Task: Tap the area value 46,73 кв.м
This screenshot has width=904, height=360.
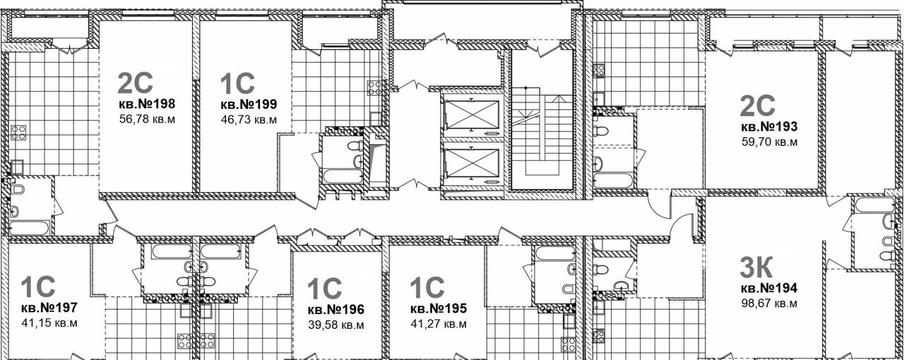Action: (x=248, y=119)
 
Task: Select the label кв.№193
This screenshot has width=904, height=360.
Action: (x=768, y=127)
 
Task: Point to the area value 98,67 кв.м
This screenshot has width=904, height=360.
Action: (x=768, y=304)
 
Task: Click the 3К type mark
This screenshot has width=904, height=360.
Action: (x=757, y=268)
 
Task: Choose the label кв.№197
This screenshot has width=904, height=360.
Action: (x=49, y=308)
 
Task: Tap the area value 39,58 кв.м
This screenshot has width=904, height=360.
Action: (x=335, y=325)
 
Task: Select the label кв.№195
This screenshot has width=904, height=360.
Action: (x=438, y=308)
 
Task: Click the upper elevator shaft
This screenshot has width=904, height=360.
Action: (x=470, y=112)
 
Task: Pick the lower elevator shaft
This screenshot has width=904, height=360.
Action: (x=470, y=164)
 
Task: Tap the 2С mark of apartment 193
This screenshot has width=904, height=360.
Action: (x=757, y=105)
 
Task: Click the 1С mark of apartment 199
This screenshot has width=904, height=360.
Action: (x=237, y=84)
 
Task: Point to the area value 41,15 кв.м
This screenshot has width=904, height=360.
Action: (x=49, y=323)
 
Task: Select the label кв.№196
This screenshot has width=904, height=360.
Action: (x=335, y=309)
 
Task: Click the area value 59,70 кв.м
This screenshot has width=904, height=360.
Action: (x=768, y=143)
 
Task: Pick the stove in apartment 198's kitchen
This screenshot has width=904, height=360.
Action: (x=19, y=133)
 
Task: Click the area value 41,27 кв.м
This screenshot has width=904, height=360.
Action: (x=438, y=325)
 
